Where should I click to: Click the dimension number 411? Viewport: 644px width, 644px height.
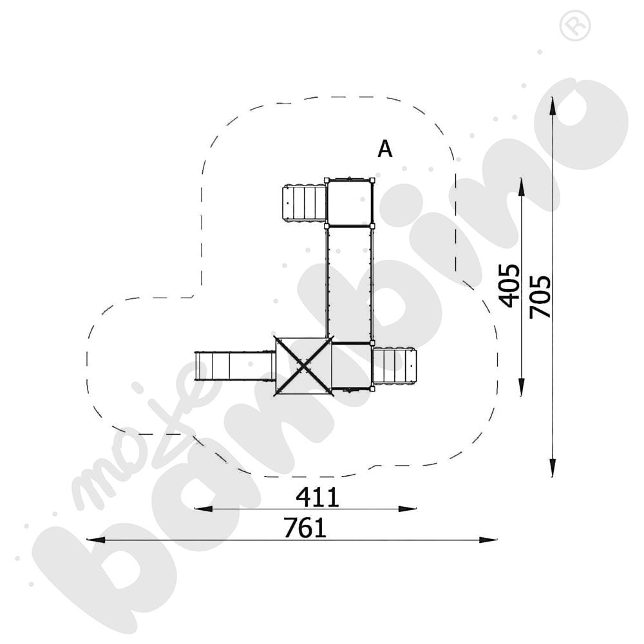pyautogui.click(x=317, y=497)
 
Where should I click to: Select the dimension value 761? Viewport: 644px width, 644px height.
pyautogui.click(x=305, y=528)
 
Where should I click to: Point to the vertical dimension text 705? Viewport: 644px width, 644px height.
pyautogui.click(x=540, y=296)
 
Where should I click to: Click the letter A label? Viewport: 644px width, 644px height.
pyautogui.click(x=384, y=149)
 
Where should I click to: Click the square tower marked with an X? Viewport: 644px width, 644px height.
pyautogui.click(x=303, y=365)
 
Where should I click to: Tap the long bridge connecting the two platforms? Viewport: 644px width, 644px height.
pyautogui.click(x=349, y=283)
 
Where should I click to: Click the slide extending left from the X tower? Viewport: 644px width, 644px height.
pyautogui.click(x=235, y=366)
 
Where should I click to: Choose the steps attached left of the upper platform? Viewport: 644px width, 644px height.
pyautogui.click(x=304, y=203)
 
